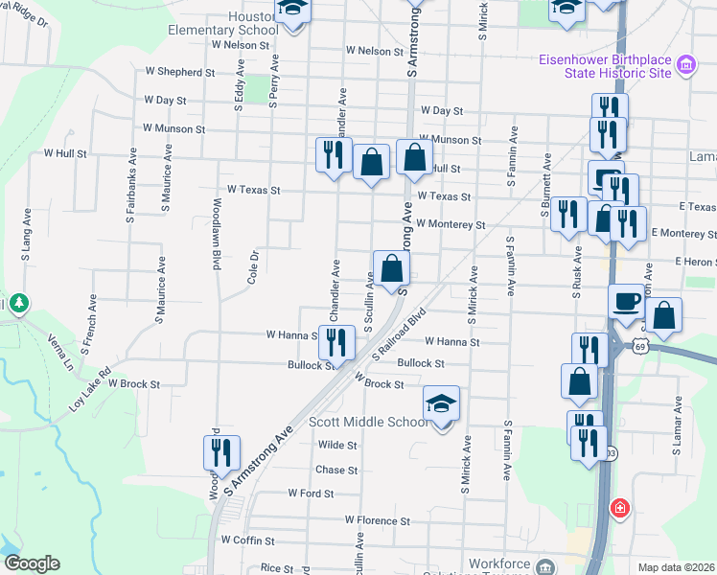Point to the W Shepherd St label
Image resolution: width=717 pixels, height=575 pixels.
[179, 72]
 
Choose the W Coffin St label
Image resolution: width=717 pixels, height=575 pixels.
[248, 540]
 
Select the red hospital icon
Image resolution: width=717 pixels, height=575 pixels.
[620, 507]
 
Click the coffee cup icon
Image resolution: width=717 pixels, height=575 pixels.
[627, 302]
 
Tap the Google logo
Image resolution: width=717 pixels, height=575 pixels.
[32, 563]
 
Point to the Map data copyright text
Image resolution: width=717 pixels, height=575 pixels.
[677, 567]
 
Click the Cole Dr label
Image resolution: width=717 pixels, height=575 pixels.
[254, 268]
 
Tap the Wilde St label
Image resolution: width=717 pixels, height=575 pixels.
[337, 446]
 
